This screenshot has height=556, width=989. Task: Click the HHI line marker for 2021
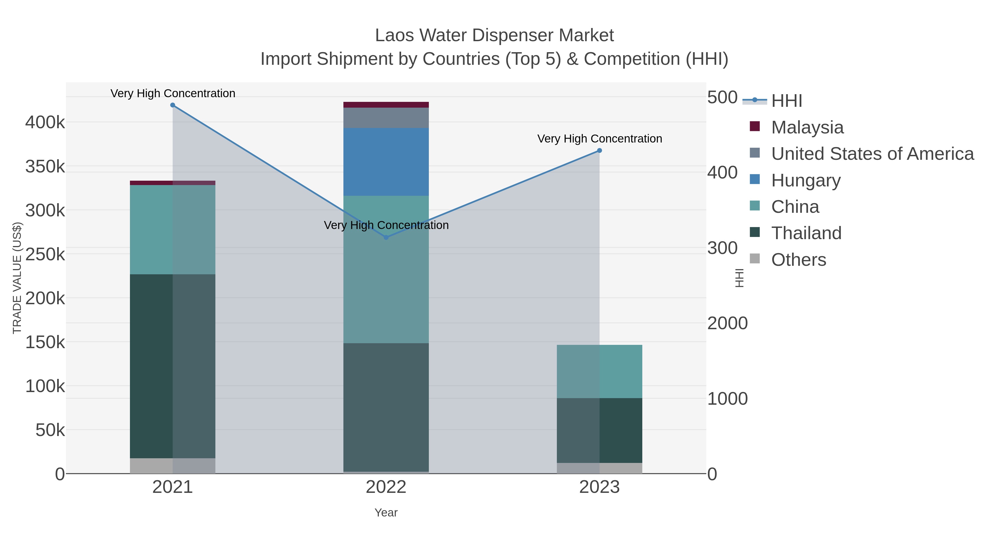click(172, 105)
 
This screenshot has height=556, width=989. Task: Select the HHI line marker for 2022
click(386, 238)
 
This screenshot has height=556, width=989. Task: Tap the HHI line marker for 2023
click(599, 151)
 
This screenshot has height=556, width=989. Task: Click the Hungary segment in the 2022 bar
click(386, 162)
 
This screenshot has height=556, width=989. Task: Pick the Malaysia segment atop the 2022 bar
click(386, 105)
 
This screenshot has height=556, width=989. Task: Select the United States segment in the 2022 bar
click(386, 118)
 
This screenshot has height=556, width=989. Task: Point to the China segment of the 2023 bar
click(599, 371)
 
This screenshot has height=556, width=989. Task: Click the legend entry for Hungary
click(805, 180)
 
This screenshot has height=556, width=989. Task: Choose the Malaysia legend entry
click(807, 127)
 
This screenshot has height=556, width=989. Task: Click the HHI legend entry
click(786, 101)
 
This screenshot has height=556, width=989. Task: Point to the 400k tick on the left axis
click(45, 123)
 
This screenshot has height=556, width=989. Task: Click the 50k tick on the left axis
click(50, 430)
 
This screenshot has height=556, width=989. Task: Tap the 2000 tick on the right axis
click(727, 323)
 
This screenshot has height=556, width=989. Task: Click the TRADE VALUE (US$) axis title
click(17, 278)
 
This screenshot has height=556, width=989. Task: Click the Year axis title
click(386, 513)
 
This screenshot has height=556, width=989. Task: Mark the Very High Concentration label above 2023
click(599, 139)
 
